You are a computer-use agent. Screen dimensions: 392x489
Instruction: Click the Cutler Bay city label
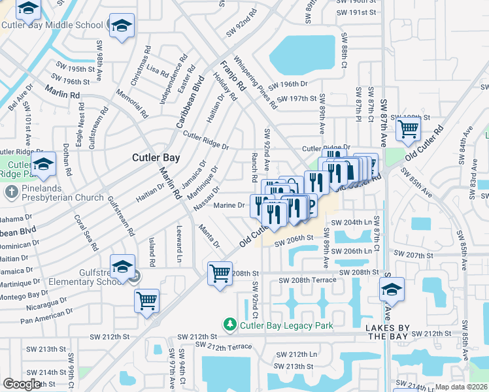156,157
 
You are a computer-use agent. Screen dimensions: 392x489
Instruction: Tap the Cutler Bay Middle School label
52,25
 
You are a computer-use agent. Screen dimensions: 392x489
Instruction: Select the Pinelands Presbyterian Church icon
11,192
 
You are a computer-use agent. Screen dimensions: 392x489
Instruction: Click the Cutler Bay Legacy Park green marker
229,325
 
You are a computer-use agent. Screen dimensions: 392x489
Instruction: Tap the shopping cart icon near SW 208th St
220,273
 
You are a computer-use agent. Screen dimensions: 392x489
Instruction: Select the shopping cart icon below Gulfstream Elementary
147,301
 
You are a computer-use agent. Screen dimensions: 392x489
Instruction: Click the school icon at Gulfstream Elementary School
122,267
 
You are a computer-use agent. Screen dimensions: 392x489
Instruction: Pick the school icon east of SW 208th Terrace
392,290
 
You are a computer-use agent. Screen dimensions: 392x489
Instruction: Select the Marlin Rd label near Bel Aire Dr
62,91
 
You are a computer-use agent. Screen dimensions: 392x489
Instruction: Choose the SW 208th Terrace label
307,280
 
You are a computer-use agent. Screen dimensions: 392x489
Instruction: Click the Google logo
22,384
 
